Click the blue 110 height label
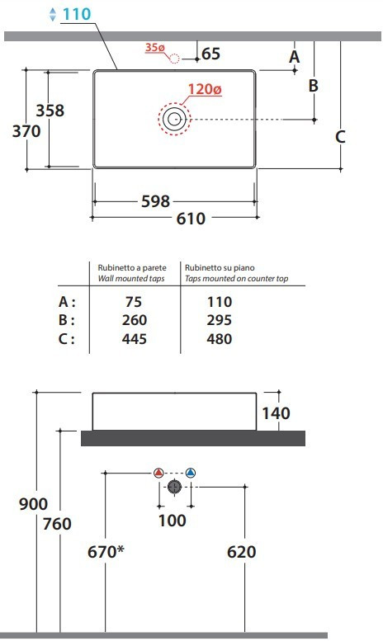tap(77, 14)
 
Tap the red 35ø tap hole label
tap(154, 47)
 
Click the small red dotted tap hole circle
tap(174, 59)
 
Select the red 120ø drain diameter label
tap(205, 89)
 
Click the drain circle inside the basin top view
tap(174, 119)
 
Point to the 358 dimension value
tap(50, 111)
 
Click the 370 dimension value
tap(26, 131)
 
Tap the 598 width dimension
tap(155, 201)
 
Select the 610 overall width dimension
tap(191, 219)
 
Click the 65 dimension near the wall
tap(211, 54)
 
